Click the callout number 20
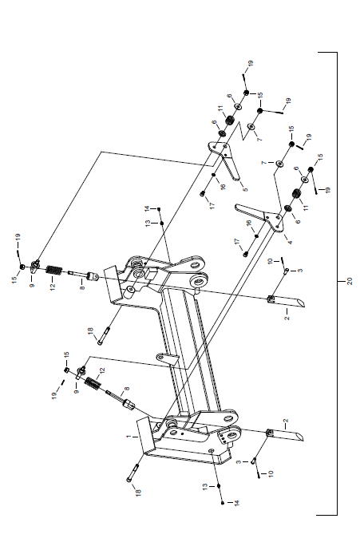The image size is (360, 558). point(350,281)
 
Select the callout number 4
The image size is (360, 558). point(290,243)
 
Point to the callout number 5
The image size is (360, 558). point(245,189)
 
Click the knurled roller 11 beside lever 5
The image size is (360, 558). point(230,121)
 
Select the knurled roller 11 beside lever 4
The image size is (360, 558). point(296,194)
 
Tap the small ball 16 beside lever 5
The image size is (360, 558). point(214,174)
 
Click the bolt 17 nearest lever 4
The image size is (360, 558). point(246,254)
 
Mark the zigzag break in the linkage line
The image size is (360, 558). point(243,131)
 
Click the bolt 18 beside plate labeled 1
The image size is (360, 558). point(132,473)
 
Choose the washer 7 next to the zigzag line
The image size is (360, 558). point(251,126)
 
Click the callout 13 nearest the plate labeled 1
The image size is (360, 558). point(205,487)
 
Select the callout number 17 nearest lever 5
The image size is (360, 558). point(212,205)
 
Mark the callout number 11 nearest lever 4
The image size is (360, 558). point(306,207)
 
